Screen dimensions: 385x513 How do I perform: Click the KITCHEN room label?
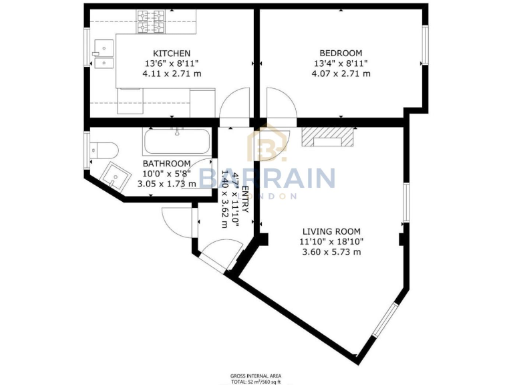point(172,53)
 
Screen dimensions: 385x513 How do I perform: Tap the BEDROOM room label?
point(341,53)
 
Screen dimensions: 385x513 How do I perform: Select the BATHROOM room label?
point(166,163)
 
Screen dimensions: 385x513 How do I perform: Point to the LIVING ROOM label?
point(331,231)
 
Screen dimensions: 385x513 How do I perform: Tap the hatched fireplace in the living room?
point(327,136)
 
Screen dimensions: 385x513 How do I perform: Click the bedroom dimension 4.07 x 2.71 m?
point(341,74)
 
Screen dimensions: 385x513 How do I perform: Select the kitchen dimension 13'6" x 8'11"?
point(172,63)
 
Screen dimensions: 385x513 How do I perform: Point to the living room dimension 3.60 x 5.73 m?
point(331,252)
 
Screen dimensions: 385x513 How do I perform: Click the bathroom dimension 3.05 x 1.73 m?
point(166,183)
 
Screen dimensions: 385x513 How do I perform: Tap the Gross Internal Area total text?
point(256,378)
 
